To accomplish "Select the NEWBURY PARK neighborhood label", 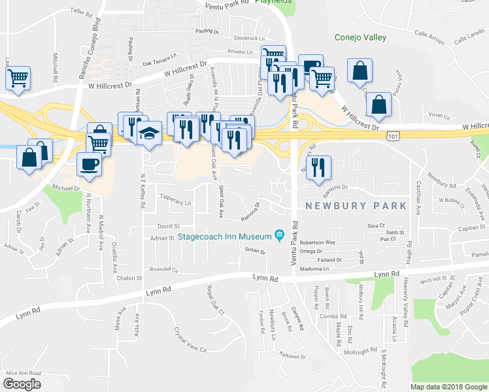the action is coord(356,206).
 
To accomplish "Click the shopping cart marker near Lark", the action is coord(18,78).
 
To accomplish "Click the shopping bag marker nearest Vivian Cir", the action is coord(379,104).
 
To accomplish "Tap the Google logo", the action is coord(22,384).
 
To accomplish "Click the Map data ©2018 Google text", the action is coord(448,387).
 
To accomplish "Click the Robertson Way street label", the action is coord(317,242).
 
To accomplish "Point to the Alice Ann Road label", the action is coord(23,373).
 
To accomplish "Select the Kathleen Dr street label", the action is coord(293,356).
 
